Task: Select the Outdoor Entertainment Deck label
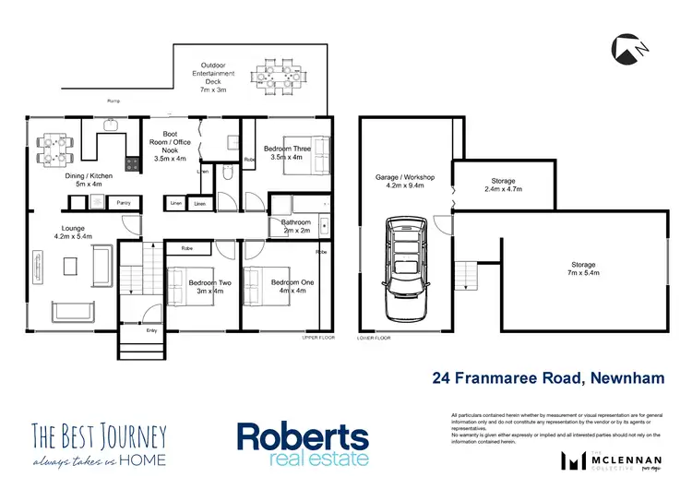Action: pyautogui.click(x=213, y=78)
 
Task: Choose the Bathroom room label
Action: pyautogui.click(x=296, y=226)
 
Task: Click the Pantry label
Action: pyautogui.click(x=122, y=201)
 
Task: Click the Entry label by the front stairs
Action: pyautogui.click(x=150, y=329)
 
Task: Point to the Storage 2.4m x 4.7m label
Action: pyautogui.click(x=504, y=185)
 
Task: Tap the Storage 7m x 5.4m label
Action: pyautogui.click(x=582, y=268)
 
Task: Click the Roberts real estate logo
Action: pyautogui.click(x=303, y=443)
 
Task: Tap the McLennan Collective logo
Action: pyautogui.click(x=604, y=459)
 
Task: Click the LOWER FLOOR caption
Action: pyautogui.click(x=375, y=339)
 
